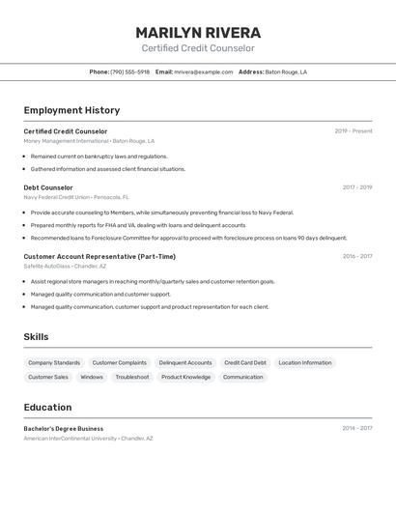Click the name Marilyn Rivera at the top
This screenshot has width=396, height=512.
coord(198,32)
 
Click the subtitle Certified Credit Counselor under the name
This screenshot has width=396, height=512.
coord(198,48)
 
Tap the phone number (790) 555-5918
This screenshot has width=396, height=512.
coord(129,71)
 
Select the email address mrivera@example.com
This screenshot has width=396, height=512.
coord(203,71)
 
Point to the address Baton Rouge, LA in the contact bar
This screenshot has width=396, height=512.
coord(286,71)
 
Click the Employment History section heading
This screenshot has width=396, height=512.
coord(71,110)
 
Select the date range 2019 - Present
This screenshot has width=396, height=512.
coord(354,131)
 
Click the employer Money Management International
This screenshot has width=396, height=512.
coord(67,141)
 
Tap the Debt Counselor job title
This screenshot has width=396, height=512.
coord(48,187)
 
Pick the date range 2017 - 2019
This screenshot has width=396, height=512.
coord(356,187)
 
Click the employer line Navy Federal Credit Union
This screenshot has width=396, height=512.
coord(56,197)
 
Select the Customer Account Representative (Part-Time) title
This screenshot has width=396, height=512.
coord(99,256)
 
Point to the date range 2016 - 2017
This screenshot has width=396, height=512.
coord(356,256)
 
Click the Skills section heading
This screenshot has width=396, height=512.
coord(37,336)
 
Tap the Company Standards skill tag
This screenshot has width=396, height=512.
coord(54,363)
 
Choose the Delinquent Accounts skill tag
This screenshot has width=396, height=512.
coord(185,363)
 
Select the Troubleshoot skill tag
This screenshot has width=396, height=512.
coord(132,377)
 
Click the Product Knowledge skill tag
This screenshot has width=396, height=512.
coord(185,377)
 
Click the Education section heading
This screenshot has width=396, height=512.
coord(47,407)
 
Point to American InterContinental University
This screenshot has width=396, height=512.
coord(71,438)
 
